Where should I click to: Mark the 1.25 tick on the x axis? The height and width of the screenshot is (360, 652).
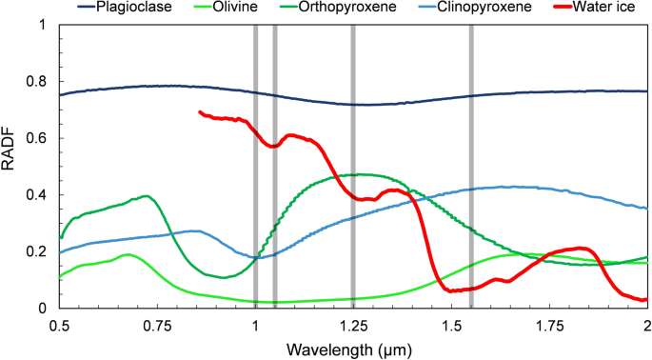pos(353,325)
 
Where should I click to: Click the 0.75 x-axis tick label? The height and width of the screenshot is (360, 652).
pos(157,325)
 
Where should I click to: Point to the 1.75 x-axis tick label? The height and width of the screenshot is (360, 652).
pos(549,325)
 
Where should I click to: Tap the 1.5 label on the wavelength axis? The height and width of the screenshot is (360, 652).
pos(451,325)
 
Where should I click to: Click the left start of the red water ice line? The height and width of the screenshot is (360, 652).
pos(200,112)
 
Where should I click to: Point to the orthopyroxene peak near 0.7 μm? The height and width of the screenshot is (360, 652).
pos(145,196)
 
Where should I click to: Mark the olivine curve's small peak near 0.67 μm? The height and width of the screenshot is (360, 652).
pos(128,254)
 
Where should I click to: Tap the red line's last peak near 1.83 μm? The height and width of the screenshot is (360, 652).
pos(580,249)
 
